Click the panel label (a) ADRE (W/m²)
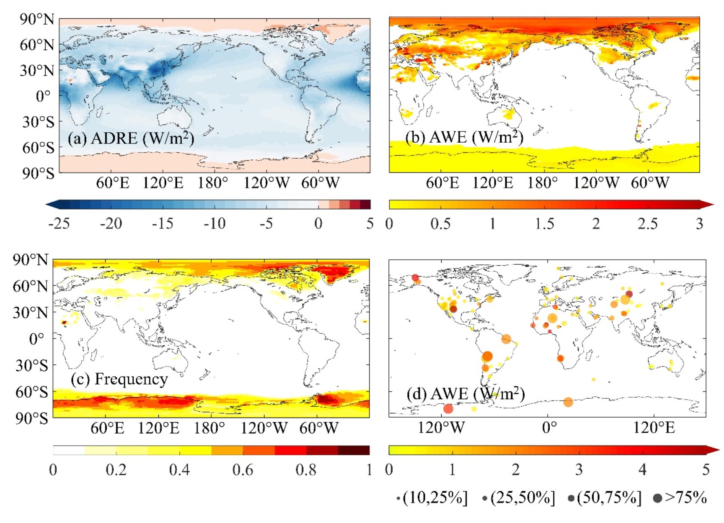click(x=131, y=138)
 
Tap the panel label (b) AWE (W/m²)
click(x=464, y=137)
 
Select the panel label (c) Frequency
click(x=119, y=379)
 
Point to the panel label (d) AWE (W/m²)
click(x=465, y=394)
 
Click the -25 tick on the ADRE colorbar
click(x=59, y=224)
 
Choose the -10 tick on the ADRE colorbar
click(x=215, y=224)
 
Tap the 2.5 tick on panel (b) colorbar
click(x=647, y=224)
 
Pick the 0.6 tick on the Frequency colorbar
click(x=243, y=470)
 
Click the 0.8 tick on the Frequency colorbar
click(x=306, y=470)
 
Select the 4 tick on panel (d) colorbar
click(x=642, y=469)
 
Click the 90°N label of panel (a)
click(x=37, y=19)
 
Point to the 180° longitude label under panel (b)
click(x=543, y=183)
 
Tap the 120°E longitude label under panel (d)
click(x=654, y=428)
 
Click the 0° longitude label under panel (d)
click(x=549, y=428)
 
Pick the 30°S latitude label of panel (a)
click(x=38, y=122)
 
